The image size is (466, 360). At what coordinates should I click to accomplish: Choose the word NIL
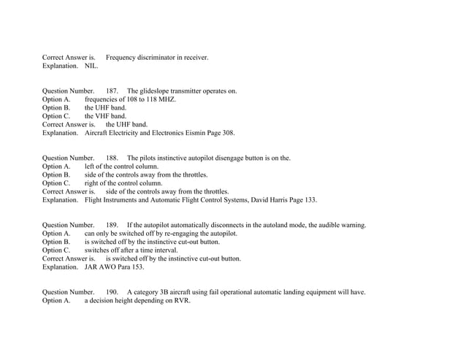[91, 66]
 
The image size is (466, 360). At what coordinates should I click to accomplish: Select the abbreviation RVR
[182, 300]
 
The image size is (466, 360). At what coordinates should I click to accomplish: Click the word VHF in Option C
[104, 116]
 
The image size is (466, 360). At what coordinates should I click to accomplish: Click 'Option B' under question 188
[56, 175]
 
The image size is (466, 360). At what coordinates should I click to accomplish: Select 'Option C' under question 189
[56, 250]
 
